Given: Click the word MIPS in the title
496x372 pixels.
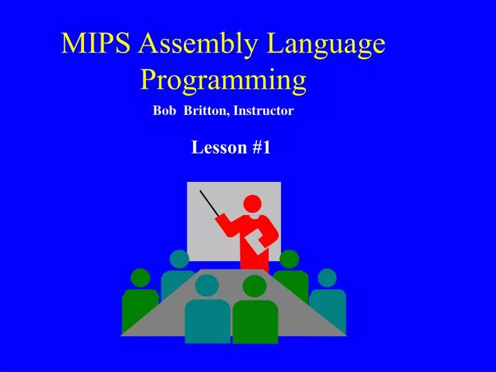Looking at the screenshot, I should click(96, 45).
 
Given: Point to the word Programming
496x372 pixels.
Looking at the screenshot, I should click(223, 81).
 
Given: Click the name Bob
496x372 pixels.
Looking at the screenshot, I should click(163, 110).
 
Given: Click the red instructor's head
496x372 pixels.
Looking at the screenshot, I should click(253, 204).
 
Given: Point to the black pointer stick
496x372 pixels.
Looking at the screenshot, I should click(209, 202).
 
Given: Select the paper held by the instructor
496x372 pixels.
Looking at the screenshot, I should click(256, 242).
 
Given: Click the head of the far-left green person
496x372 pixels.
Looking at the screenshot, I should click(141, 278).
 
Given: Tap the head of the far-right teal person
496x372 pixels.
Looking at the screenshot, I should click(327, 278).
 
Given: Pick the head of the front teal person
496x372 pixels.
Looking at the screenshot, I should click(207, 285).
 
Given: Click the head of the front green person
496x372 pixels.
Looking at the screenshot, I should click(254, 286).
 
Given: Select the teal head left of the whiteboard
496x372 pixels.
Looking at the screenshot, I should click(179, 259).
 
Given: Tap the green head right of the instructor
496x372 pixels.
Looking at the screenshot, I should click(289, 259).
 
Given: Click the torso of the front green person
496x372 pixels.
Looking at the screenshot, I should click(255, 320).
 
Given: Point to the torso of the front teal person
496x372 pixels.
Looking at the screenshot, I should click(207, 320).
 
